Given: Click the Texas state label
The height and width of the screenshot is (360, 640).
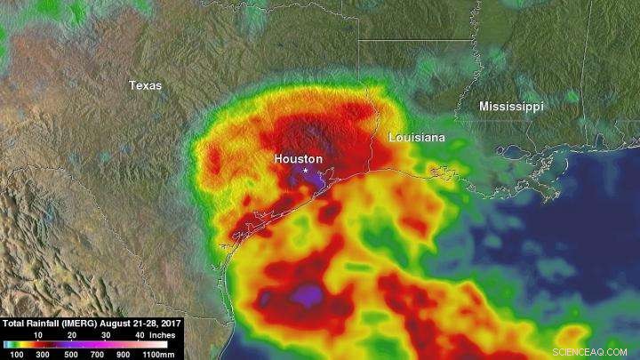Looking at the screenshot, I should pos(145,85).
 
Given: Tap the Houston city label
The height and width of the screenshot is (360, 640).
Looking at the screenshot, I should pos(298,157).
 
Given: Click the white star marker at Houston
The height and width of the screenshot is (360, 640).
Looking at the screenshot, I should pos(306,169).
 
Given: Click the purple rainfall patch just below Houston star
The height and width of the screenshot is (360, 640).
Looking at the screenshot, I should pos(308,181).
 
